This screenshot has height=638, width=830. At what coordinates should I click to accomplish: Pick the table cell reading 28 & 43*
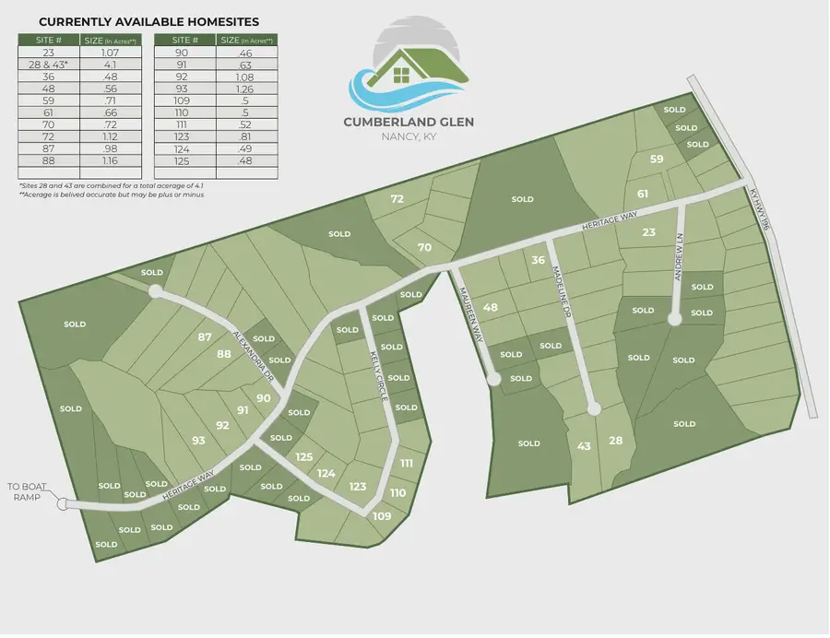50,65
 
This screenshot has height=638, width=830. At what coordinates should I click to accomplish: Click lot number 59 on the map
657,159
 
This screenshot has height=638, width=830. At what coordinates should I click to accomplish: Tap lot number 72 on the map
397,198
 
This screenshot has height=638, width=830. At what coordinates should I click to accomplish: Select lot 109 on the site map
382,516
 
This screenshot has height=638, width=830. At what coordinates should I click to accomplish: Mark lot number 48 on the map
491,307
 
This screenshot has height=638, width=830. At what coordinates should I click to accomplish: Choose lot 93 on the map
198,440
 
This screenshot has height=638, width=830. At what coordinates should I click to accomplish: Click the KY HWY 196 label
759,203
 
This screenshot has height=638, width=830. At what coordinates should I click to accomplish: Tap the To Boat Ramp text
26,490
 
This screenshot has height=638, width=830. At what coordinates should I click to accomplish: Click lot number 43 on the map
583,445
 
